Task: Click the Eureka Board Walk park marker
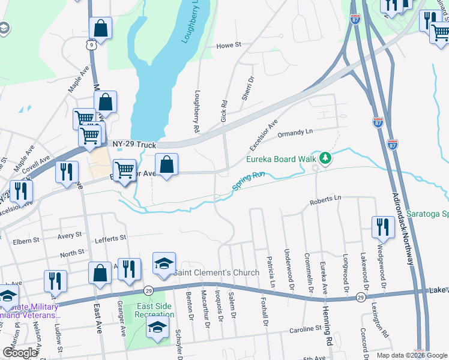point(325,158)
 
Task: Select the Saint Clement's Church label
point(217,272)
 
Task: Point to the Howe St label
point(228,45)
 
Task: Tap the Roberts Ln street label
point(325,199)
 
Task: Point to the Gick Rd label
point(224,112)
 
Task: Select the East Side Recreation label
point(155,310)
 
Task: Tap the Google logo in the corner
point(20,353)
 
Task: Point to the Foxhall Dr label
point(263,311)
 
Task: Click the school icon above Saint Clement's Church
point(164,264)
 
